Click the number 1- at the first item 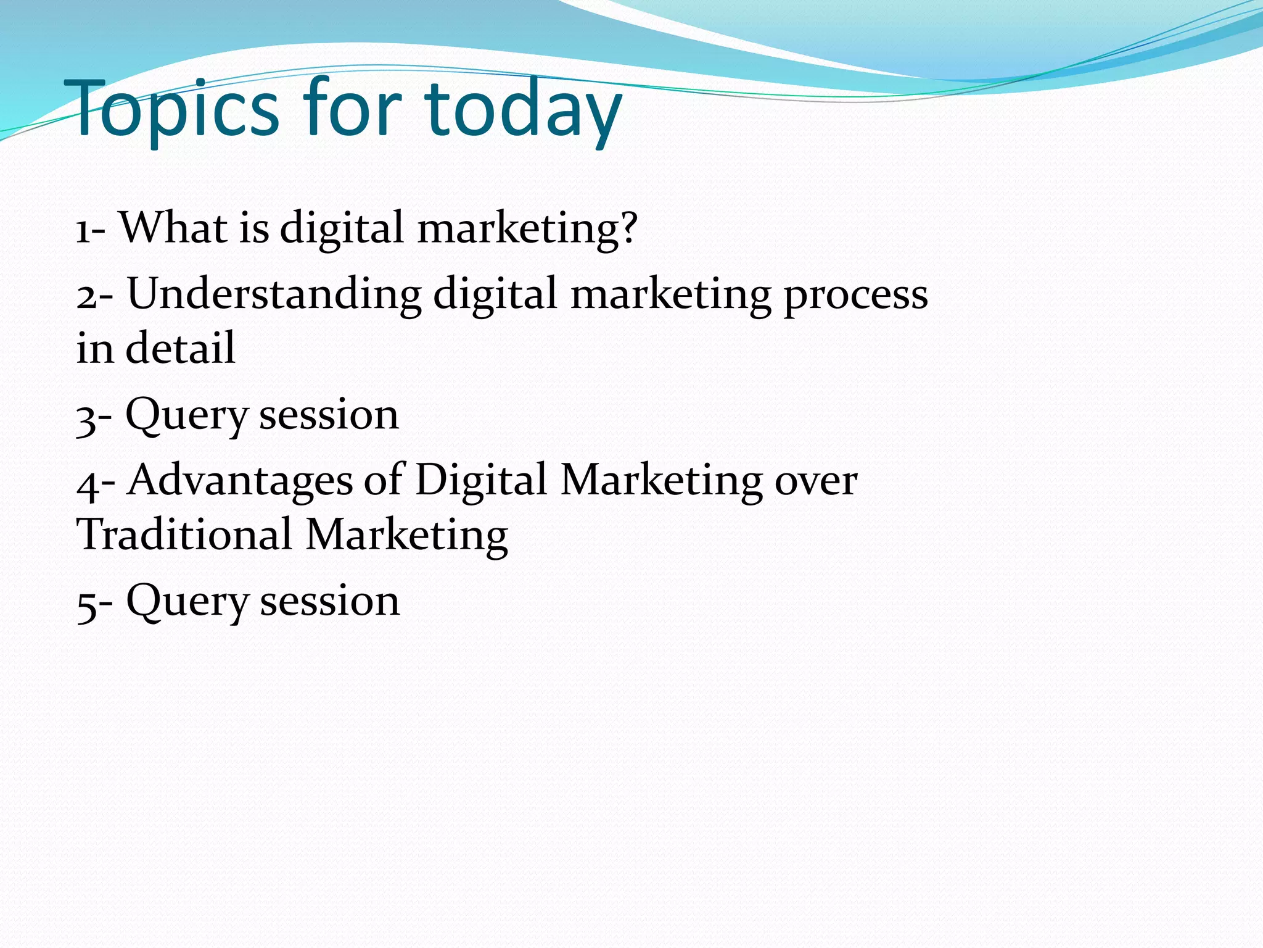click(x=91, y=230)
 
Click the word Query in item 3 click(x=186, y=417)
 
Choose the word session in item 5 click(x=329, y=602)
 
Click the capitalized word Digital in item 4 click(x=481, y=481)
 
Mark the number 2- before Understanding click(x=94, y=295)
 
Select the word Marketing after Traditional click(x=407, y=536)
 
